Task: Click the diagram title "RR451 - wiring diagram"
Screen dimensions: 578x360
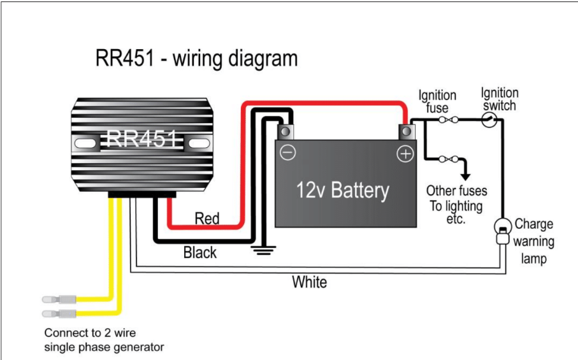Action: [x=196, y=59]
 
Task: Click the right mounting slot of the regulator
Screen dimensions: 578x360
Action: [x=199, y=143]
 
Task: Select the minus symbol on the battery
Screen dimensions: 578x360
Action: [x=288, y=152]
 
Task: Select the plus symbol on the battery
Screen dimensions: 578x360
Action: [x=405, y=154]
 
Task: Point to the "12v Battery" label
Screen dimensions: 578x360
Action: [x=343, y=190]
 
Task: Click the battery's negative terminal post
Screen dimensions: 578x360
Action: [x=285, y=131]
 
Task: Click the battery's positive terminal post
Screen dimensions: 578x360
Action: [x=407, y=131]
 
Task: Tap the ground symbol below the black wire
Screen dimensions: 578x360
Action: [x=264, y=250]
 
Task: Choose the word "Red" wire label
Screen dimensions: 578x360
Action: [x=207, y=219]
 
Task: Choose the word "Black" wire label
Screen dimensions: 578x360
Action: [x=200, y=253]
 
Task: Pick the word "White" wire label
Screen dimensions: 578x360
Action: [x=309, y=282]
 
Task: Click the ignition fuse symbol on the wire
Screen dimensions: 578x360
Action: [x=449, y=120]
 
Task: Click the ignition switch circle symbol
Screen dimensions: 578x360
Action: [x=489, y=120]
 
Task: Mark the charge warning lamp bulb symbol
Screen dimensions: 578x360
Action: [x=503, y=231]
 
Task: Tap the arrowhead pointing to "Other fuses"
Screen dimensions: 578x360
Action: [x=466, y=176]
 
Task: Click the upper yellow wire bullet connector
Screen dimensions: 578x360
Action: [x=59, y=299]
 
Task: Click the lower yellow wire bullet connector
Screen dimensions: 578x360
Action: [x=59, y=314]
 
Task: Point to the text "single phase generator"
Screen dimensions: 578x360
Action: [x=104, y=347]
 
